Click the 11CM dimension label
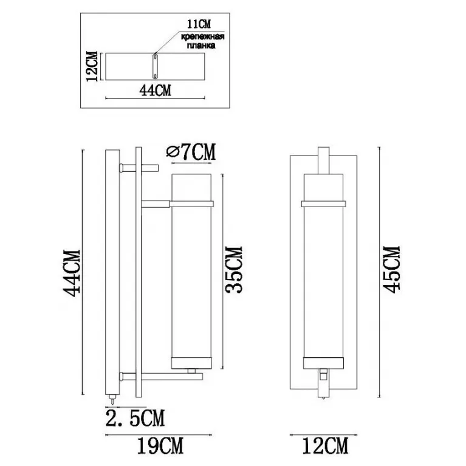click(x=199, y=24)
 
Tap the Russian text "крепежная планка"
click(x=203, y=41)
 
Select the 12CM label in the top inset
click(x=92, y=66)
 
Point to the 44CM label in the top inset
click(x=155, y=90)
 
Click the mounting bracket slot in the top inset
click(x=155, y=66)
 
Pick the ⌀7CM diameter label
click(x=191, y=151)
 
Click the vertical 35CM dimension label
click(x=234, y=270)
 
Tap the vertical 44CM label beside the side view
click(x=72, y=273)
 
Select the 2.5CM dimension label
click(x=135, y=418)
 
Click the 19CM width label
click(x=160, y=446)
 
